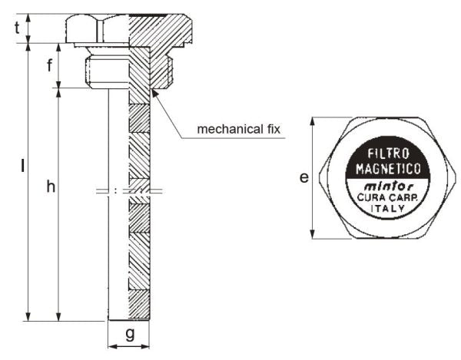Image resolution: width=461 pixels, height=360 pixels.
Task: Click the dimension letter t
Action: [18, 28]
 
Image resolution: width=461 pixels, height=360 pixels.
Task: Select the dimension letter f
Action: [50, 65]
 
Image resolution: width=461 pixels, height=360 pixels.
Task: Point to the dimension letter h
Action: [51, 187]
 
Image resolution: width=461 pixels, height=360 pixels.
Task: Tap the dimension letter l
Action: [22, 165]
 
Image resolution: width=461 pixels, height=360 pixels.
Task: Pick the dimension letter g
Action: [130, 334]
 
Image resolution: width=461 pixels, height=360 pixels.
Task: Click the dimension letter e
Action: [304, 177]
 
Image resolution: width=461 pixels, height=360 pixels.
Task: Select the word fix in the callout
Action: [274, 129]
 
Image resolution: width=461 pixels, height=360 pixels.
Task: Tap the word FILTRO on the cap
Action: [388, 154]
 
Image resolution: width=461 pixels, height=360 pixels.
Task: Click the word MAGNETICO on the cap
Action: [388, 169]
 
